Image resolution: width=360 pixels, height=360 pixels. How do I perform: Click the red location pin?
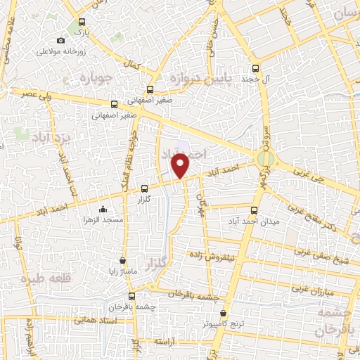[x=181, y=166]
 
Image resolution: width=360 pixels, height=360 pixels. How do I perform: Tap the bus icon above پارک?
[x=82, y=21]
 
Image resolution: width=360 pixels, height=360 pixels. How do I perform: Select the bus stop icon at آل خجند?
[x=255, y=69]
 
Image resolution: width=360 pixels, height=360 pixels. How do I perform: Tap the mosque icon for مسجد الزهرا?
[x=103, y=209]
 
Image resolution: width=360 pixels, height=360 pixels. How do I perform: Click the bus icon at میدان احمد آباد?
[x=254, y=209]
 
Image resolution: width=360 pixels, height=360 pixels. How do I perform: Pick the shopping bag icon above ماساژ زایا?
[x=123, y=259]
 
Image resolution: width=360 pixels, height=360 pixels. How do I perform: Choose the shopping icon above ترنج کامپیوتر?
[x=224, y=313]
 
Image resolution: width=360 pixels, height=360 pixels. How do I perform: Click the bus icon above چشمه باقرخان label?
[x=131, y=297]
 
